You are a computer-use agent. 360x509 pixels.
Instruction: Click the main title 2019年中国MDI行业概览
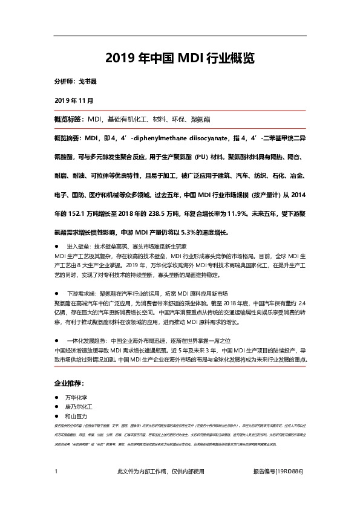(x=180, y=58)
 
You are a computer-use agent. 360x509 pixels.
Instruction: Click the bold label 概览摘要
(x=69, y=138)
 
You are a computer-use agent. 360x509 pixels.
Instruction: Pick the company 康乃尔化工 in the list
(x=78, y=408)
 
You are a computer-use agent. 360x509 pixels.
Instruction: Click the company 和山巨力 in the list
(x=76, y=417)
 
